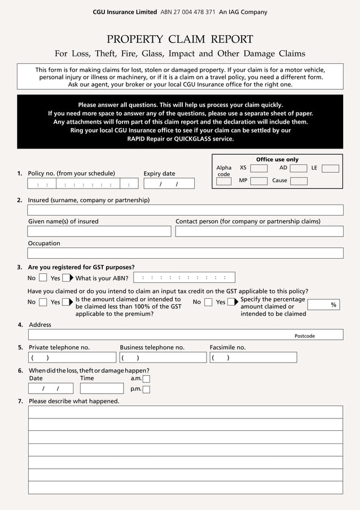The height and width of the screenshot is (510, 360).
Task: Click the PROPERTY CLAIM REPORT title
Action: [180, 39]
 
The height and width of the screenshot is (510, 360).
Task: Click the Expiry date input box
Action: [169, 184]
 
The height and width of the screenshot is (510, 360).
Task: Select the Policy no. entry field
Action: [82, 184]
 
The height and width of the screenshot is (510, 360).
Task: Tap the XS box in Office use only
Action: [259, 168]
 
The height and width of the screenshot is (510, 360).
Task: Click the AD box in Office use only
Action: [298, 168]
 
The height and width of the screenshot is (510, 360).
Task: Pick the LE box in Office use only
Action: [330, 168]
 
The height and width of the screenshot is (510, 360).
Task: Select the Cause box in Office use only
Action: [298, 181]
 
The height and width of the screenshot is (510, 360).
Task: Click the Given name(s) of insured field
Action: [99, 231]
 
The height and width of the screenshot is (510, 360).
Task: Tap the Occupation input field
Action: [185, 253]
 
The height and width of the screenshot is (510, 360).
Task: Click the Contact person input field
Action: [259, 231]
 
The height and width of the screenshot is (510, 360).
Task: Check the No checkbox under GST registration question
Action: [43, 278]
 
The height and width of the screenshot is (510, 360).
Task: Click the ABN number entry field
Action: [184, 277]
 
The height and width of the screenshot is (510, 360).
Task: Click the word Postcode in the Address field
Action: [305, 336]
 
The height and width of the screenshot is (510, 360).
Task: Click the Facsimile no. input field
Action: [253, 358]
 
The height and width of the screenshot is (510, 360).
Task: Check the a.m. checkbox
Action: [146, 379]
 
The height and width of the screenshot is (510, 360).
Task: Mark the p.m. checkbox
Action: [146, 389]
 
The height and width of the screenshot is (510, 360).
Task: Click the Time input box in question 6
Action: [102, 389]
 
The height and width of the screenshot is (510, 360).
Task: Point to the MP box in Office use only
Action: [259, 181]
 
